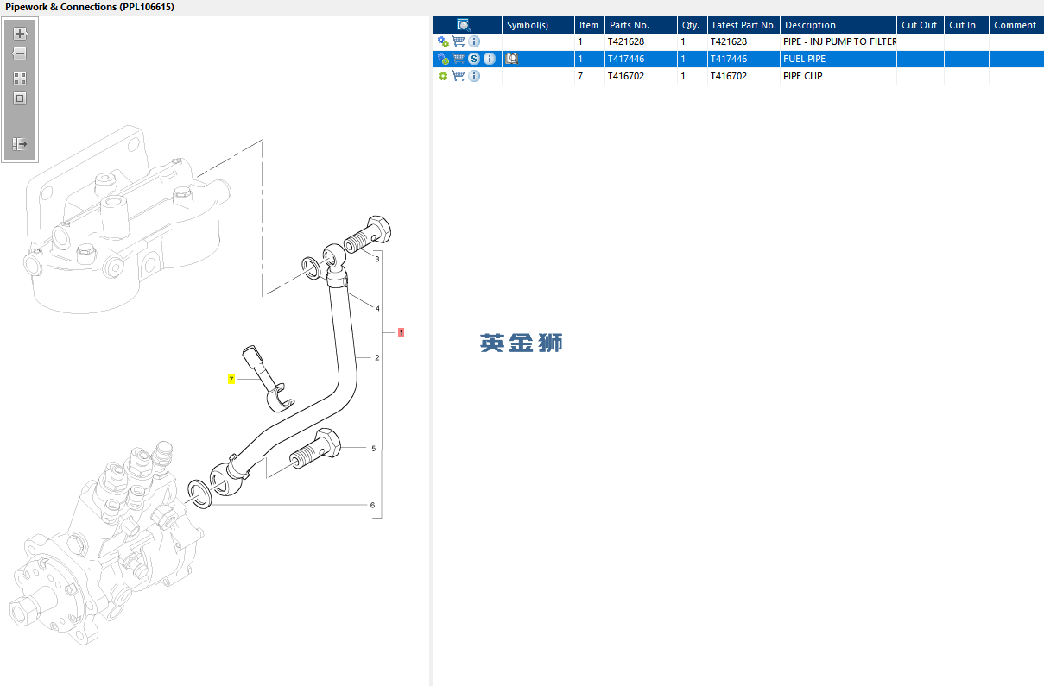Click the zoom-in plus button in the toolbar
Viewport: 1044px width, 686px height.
pos(20,34)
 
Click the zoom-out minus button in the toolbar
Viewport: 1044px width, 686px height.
pos(20,53)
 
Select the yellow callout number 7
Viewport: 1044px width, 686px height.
pos(231,379)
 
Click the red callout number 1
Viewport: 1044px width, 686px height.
pos(401,332)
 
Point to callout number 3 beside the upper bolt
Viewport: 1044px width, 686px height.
pos(377,259)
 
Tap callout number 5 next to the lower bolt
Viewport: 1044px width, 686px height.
pos(373,449)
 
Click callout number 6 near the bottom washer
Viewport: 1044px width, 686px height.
pos(372,505)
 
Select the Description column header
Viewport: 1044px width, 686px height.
pos(810,25)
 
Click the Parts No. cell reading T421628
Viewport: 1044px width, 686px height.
pos(625,41)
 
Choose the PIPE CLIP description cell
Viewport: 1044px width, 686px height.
pos(802,76)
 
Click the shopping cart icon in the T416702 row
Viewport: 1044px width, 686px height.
pos(459,75)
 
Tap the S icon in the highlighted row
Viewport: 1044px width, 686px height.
pos(474,59)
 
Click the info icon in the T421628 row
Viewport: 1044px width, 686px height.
pos(474,41)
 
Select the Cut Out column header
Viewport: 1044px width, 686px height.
pos(919,25)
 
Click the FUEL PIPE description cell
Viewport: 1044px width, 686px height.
pos(804,59)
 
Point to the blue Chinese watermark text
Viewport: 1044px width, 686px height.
pos(521,343)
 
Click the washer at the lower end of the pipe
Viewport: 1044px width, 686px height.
pos(199,494)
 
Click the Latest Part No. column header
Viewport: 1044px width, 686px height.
pos(743,25)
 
